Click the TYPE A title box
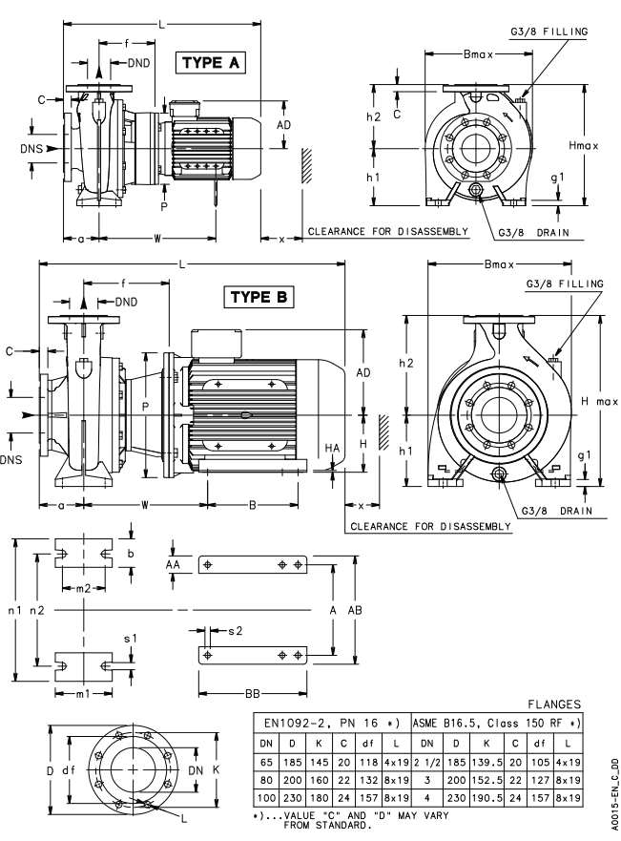tap(211, 63)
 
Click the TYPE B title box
tap(259, 297)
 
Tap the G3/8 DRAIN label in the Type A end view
tap(533, 233)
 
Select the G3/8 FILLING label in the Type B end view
tap(564, 284)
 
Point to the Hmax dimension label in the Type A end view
tap(584, 145)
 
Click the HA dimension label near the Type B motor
tap(332, 448)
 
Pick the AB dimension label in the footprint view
tap(355, 610)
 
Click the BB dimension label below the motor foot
tap(253, 694)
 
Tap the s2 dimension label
tap(236, 631)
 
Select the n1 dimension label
tap(15, 610)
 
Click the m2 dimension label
tap(83, 589)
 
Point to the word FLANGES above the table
tap(554, 704)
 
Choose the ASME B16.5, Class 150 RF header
tap(497, 723)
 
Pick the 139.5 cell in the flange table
tap(486, 762)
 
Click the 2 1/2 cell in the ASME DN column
tap(427, 762)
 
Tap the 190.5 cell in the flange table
tap(486, 798)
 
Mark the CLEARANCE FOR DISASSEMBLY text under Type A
tap(388, 232)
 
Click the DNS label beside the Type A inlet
tap(31, 149)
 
